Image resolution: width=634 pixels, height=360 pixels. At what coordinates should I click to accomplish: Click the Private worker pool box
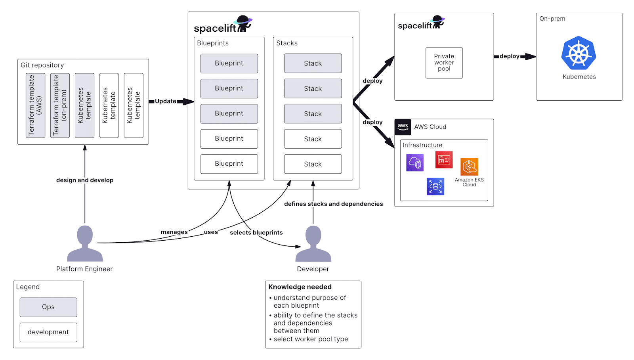[x=444, y=63]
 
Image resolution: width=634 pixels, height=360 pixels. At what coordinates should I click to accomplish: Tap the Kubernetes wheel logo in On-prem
[x=579, y=53]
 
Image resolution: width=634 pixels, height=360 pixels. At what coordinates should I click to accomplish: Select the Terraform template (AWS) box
[x=35, y=105]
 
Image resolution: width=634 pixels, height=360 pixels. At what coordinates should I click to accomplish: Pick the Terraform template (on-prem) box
[x=60, y=105]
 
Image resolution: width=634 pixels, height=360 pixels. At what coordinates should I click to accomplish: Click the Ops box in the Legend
[x=48, y=307]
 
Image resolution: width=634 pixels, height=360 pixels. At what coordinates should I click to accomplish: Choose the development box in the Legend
[x=48, y=332]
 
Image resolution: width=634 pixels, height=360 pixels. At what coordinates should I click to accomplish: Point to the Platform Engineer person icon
[x=85, y=243]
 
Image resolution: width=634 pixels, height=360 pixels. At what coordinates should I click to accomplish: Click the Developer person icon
[x=313, y=243]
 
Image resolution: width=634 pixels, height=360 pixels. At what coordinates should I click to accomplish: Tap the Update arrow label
[x=165, y=101]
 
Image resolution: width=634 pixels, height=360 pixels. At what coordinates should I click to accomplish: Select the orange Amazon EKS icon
[x=469, y=167]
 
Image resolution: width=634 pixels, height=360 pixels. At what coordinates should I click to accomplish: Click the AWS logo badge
[x=403, y=127]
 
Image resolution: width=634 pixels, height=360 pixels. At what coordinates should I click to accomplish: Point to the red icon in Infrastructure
[x=444, y=160]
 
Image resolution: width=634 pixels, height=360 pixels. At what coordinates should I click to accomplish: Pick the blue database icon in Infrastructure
[x=435, y=186]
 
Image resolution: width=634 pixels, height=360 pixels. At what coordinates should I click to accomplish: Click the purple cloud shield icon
[x=415, y=163]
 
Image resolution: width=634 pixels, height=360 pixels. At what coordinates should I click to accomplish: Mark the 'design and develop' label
[x=85, y=180]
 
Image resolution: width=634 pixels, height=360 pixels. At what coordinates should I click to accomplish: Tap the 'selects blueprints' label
[x=256, y=233]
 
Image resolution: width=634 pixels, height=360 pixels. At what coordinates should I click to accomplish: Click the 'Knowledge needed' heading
[x=300, y=287]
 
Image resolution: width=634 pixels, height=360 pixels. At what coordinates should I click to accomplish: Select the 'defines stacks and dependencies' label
[x=334, y=204]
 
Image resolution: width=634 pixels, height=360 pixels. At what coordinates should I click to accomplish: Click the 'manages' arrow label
[x=174, y=232]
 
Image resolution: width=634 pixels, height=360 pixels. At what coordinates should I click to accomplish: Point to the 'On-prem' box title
[x=552, y=19]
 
